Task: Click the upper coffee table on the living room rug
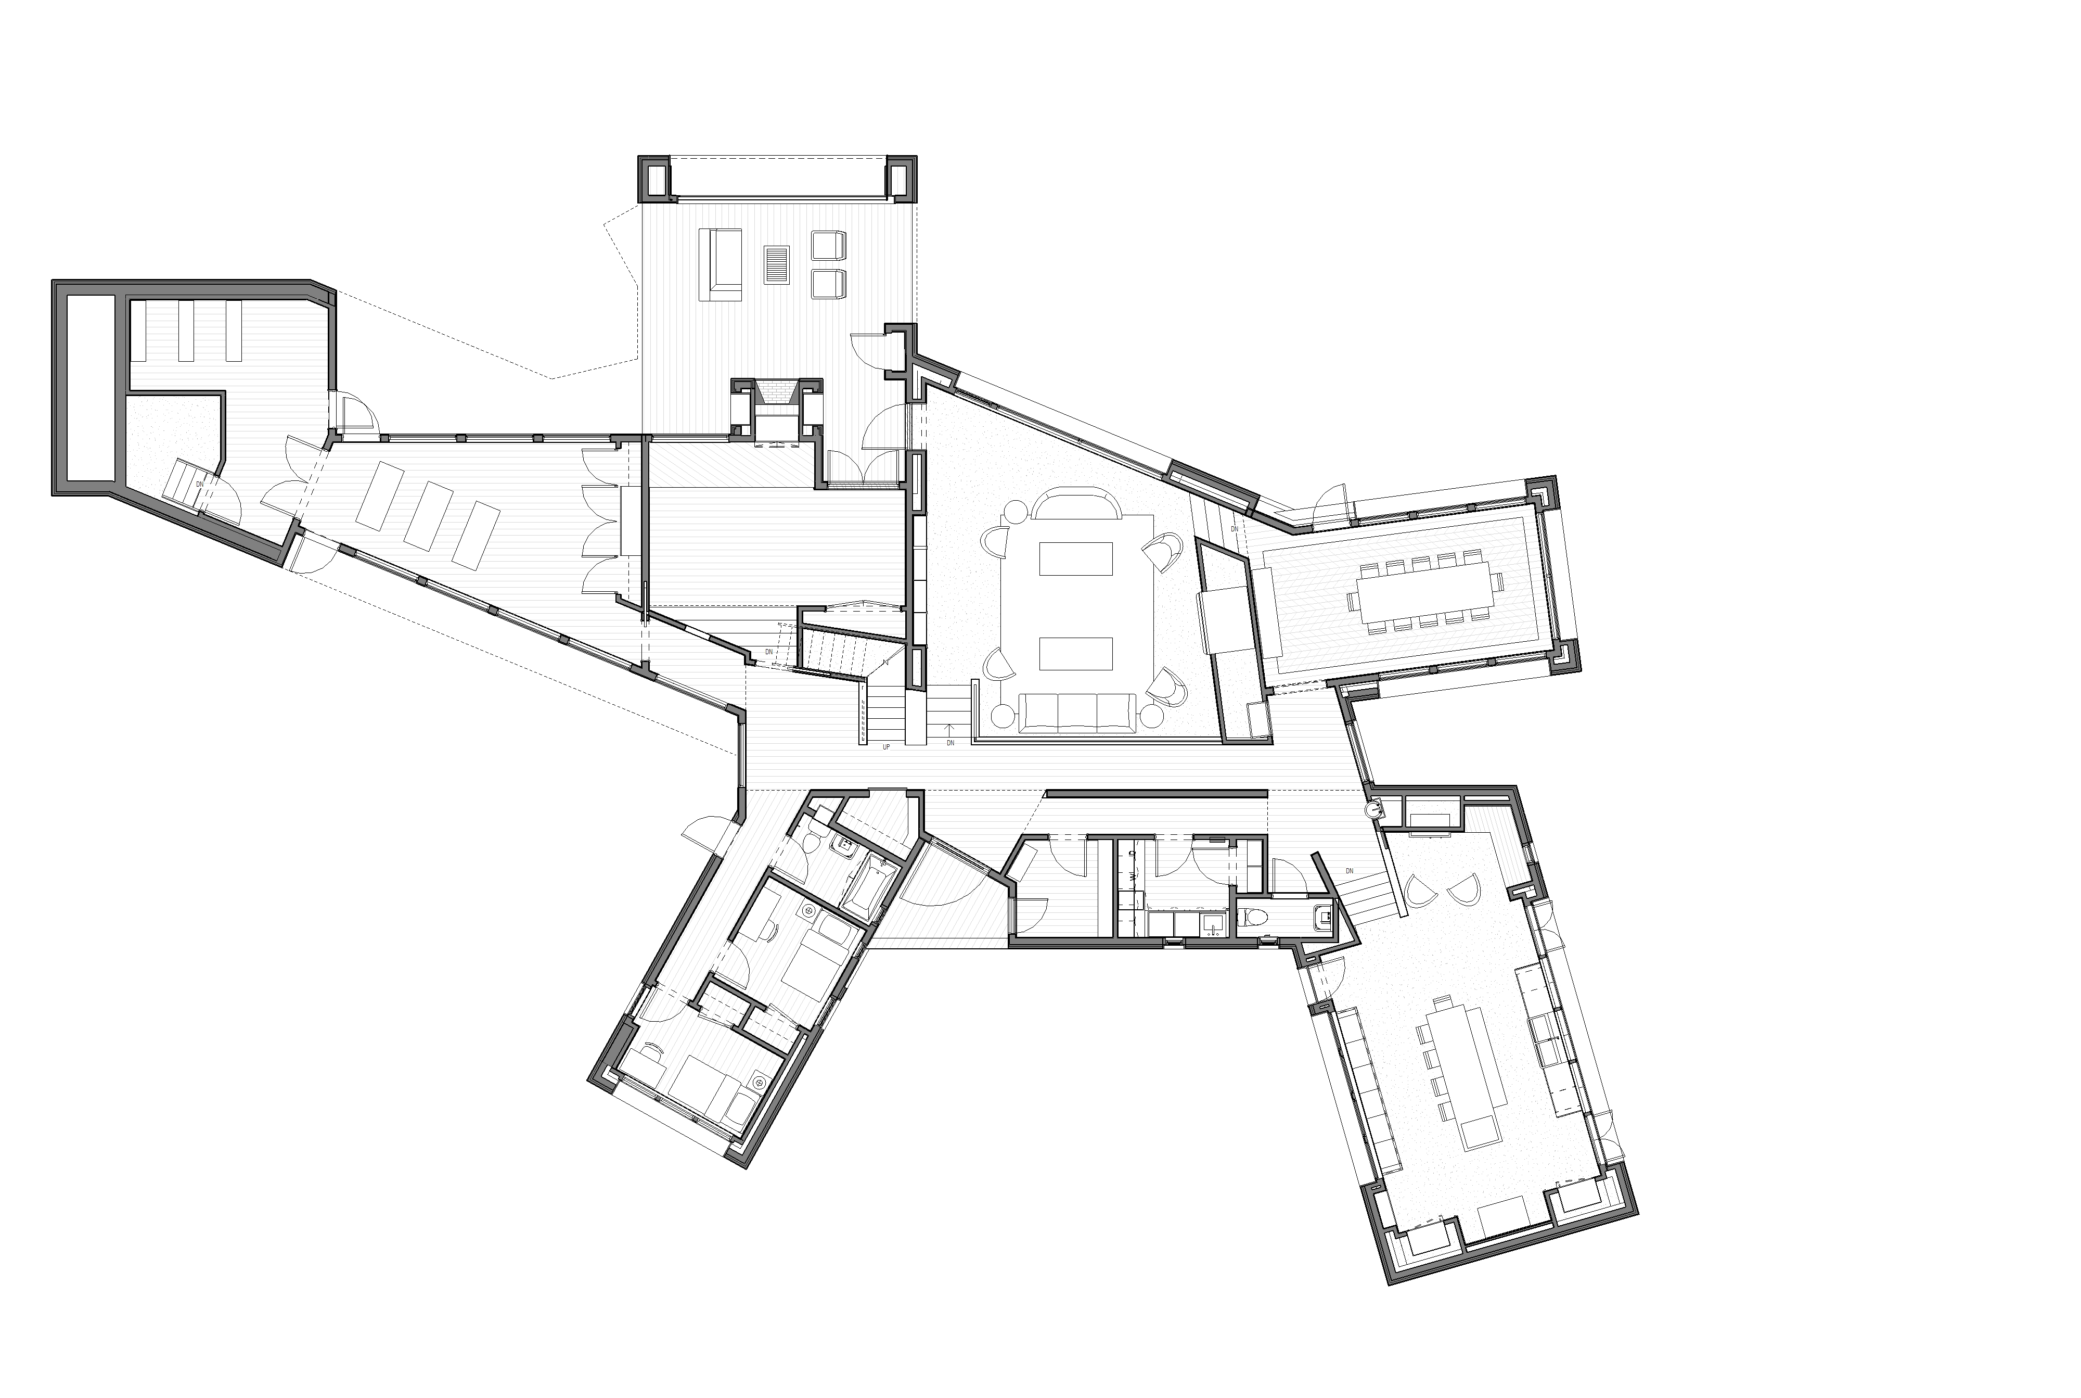pos(1076,559)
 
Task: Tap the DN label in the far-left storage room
pos(200,484)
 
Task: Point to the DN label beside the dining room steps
pos(1235,529)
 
